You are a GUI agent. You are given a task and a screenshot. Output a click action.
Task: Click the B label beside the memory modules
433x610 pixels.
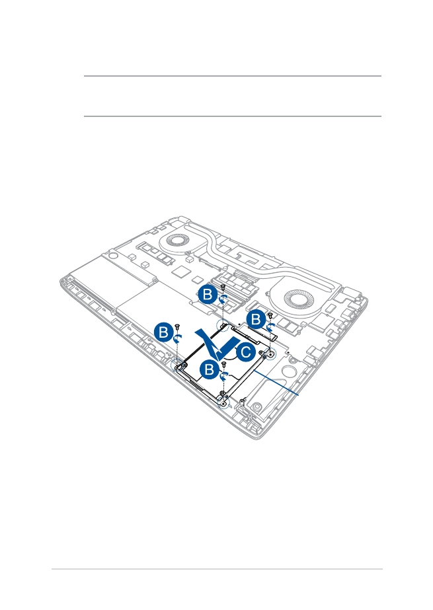coord(208,295)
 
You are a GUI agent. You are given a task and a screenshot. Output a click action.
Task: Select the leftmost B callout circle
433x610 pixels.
coord(164,333)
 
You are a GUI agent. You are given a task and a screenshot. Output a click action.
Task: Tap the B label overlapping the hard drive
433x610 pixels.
coord(210,369)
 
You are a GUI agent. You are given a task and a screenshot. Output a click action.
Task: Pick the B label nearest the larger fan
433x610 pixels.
coord(256,319)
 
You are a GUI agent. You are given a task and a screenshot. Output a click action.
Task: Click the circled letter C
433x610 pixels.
coord(246,352)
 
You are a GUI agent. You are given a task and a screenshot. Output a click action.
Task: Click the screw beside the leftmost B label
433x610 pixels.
coord(177,325)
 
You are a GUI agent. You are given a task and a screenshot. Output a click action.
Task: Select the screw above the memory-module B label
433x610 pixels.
coord(223,287)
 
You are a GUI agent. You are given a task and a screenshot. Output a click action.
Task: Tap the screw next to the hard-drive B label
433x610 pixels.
coord(223,363)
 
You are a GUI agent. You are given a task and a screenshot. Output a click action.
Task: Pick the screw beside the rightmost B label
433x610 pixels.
coord(270,315)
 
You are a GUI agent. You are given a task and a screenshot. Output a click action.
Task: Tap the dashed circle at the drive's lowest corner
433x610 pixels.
coord(223,403)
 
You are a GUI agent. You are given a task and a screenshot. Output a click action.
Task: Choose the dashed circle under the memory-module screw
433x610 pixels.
coord(222,325)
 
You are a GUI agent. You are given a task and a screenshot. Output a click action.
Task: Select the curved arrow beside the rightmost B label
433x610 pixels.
coord(271,326)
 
